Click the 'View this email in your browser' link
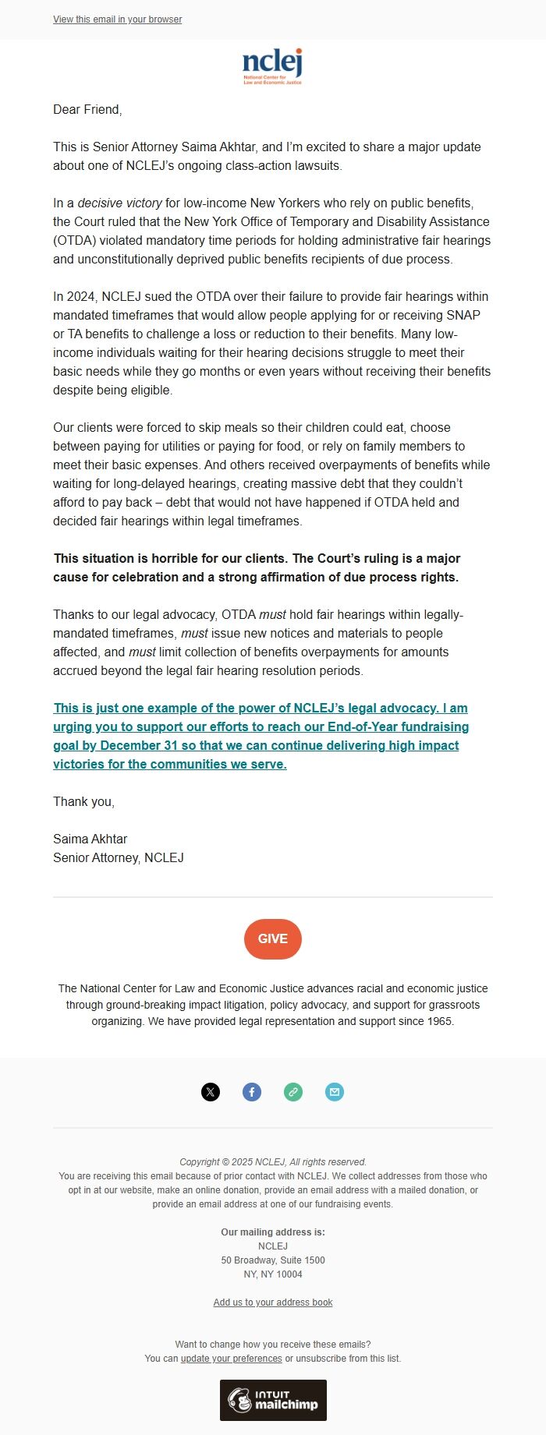(x=117, y=19)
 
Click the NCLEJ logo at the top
(x=272, y=65)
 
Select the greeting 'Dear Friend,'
(x=87, y=110)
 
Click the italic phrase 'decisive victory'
(x=120, y=203)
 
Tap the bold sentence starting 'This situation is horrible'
(x=257, y=568)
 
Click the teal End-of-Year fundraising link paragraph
(x=261, y=737)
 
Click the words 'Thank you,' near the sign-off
(x=83, y=802)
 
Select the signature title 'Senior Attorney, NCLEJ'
(x=119, y=858)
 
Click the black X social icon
(x=211, y=1092)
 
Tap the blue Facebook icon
(x=252, y=1092)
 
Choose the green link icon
(x=293, y=1092)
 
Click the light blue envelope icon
(x=335, y=1092)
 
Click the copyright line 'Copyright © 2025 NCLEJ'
(x=272, y=1162)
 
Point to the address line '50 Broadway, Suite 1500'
(x=273, y=1260)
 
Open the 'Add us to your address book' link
(x=273, y=1302)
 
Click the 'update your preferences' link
(x=232, y=1359)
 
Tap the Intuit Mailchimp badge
(x=273, y=1400)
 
